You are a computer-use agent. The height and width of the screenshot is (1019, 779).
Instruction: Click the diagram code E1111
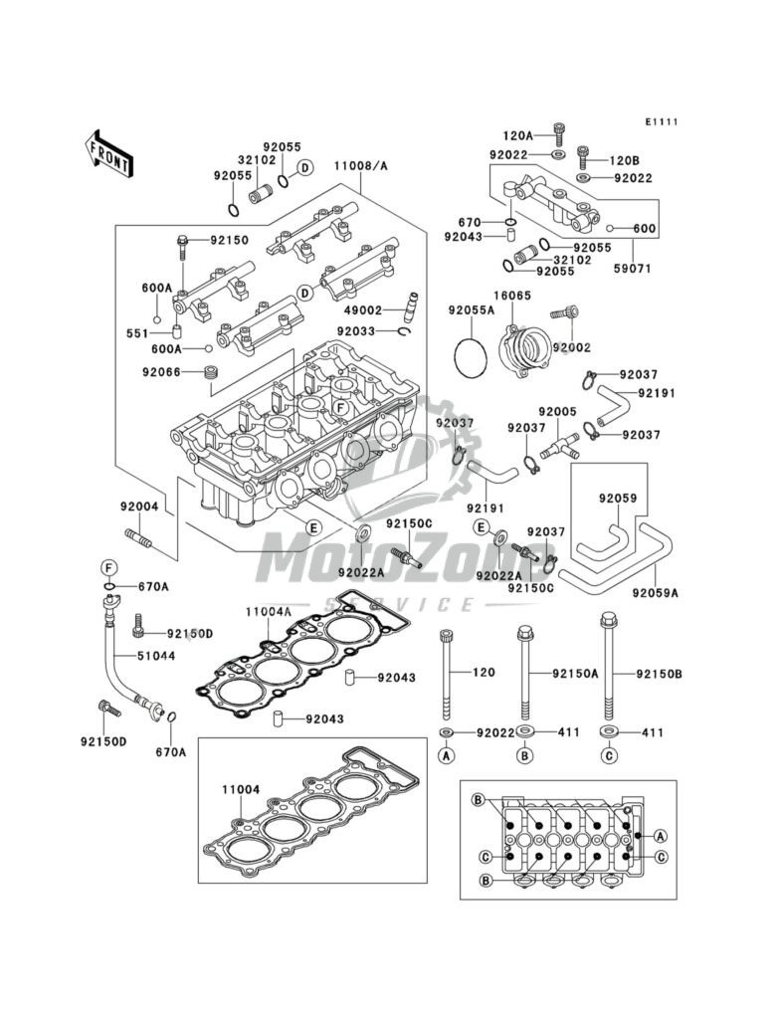[662, 121]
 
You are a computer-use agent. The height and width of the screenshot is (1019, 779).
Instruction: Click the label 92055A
[471, 310]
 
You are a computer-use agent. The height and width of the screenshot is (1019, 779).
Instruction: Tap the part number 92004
[138, 507]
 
